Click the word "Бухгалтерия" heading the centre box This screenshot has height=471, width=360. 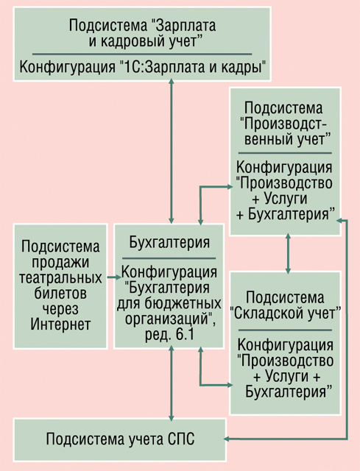[x=169, y=242]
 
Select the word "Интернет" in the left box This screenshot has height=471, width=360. [x=60, y=324]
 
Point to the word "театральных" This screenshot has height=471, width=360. [x=60, y=277]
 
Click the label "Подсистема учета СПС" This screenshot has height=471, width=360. [x=120, y=439]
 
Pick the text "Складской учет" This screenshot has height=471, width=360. [x=285, y=314]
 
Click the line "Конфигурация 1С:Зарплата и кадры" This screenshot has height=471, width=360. [x=143, y=67]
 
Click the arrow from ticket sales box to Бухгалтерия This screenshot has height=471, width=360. [x=114, y=277]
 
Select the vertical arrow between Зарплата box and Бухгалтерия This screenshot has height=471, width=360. [x=172, y=151]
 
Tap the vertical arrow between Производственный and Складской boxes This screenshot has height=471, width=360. [x=288, y=253]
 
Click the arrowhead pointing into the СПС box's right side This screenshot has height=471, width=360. [x=227, y=439]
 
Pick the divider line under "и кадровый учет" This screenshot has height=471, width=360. [x=142, y=54]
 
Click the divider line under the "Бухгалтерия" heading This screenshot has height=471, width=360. [x=169, y=258]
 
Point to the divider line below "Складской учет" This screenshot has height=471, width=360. [x=285, y=330]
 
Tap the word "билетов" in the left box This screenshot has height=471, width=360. [x=60, y=293]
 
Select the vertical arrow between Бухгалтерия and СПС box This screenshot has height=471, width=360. [x=172, y=383]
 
